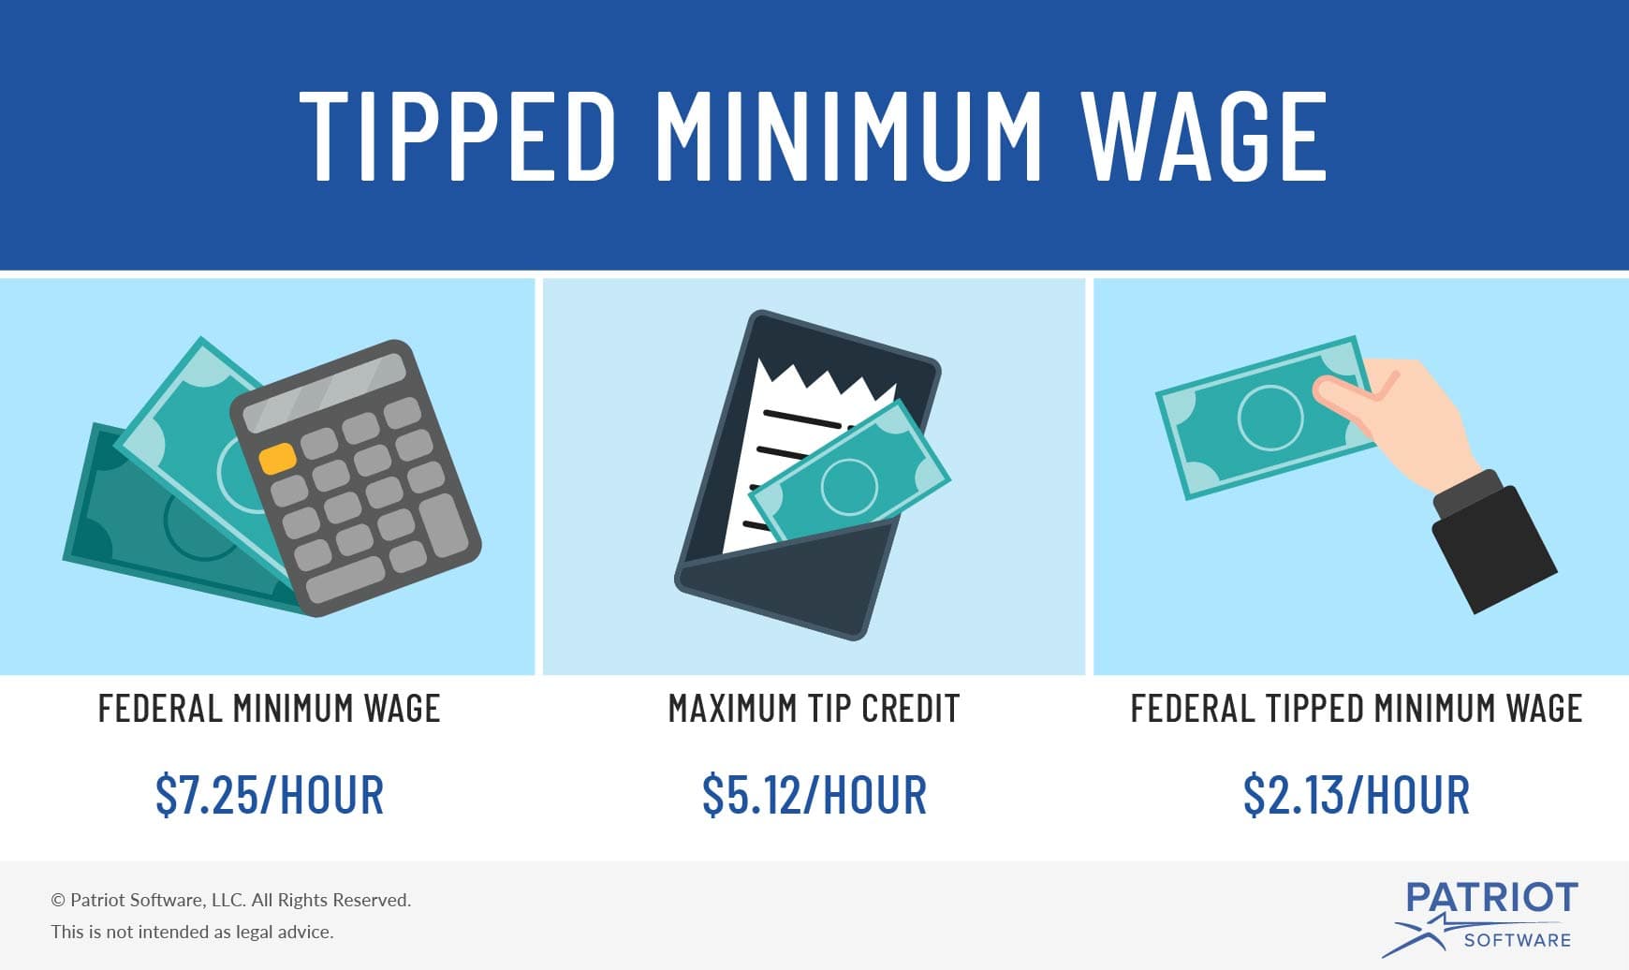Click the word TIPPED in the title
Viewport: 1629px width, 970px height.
457,137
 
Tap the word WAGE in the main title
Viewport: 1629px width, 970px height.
1205,137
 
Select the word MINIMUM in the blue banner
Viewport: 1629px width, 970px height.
848,137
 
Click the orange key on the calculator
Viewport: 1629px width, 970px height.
278,458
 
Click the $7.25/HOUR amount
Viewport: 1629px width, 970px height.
270,795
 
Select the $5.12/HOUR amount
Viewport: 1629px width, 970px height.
814,795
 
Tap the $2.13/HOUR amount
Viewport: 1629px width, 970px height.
1357,795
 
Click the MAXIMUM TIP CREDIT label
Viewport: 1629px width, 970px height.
814,709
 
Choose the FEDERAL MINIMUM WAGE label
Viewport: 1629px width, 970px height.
270,709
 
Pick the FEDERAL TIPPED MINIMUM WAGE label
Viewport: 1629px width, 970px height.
1357,709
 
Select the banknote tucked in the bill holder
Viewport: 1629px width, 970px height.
849,483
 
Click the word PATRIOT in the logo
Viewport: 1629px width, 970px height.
1491,898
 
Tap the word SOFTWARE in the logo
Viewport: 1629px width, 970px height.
1517,940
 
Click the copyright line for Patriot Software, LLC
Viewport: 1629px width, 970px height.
231,900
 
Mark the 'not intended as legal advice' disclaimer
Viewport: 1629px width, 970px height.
192,932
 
